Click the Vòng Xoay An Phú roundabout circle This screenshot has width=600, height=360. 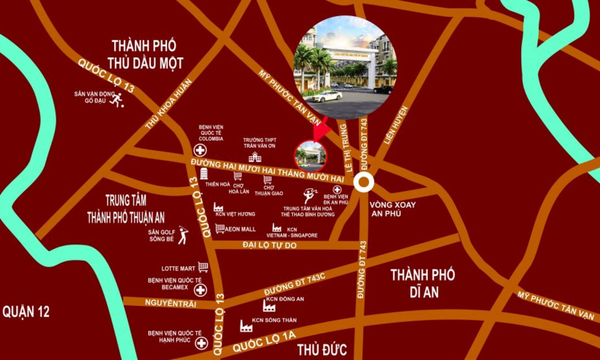pos(364,182)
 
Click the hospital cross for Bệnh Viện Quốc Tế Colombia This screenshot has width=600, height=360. pos(200,150)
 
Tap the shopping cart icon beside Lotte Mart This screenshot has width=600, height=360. pos(203,267)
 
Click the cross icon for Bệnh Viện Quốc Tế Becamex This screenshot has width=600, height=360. pos(200,290)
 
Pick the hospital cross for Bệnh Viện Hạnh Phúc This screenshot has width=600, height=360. pos(201,343)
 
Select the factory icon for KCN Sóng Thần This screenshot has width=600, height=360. pos(246,326)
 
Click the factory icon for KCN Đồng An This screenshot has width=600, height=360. pos(269,306)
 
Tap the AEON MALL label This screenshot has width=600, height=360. pos(240,229)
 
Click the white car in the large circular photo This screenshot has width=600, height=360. pos(327,96)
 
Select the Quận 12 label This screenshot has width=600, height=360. pos(26,312)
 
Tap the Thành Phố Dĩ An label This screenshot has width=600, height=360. pos(423,283)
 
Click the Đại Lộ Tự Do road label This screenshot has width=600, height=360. pos(270,245)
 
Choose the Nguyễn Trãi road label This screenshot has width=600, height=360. pos(171,303)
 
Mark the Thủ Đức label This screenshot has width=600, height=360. pos(322,350)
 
